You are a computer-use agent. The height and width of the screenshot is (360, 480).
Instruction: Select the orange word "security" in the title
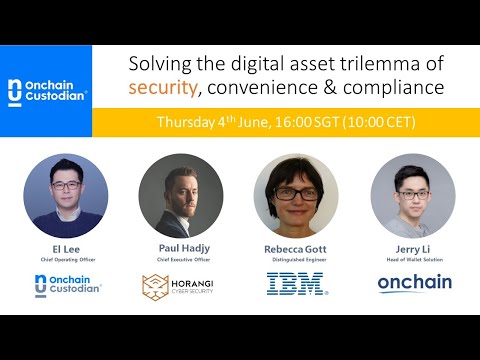point(164,88)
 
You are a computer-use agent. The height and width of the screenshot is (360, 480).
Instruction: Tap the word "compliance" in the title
point(395,88)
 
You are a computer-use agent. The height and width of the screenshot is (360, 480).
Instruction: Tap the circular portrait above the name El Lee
point(65,195)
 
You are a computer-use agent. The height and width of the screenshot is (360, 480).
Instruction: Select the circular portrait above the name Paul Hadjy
point(180,195)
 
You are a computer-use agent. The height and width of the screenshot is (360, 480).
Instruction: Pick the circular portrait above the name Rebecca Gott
point(296,195)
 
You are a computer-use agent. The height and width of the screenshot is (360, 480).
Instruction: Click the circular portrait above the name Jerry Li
point(412,195)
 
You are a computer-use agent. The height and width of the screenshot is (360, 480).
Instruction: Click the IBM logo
point(296,284)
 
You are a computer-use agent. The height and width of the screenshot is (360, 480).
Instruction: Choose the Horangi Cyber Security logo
point(180,286)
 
